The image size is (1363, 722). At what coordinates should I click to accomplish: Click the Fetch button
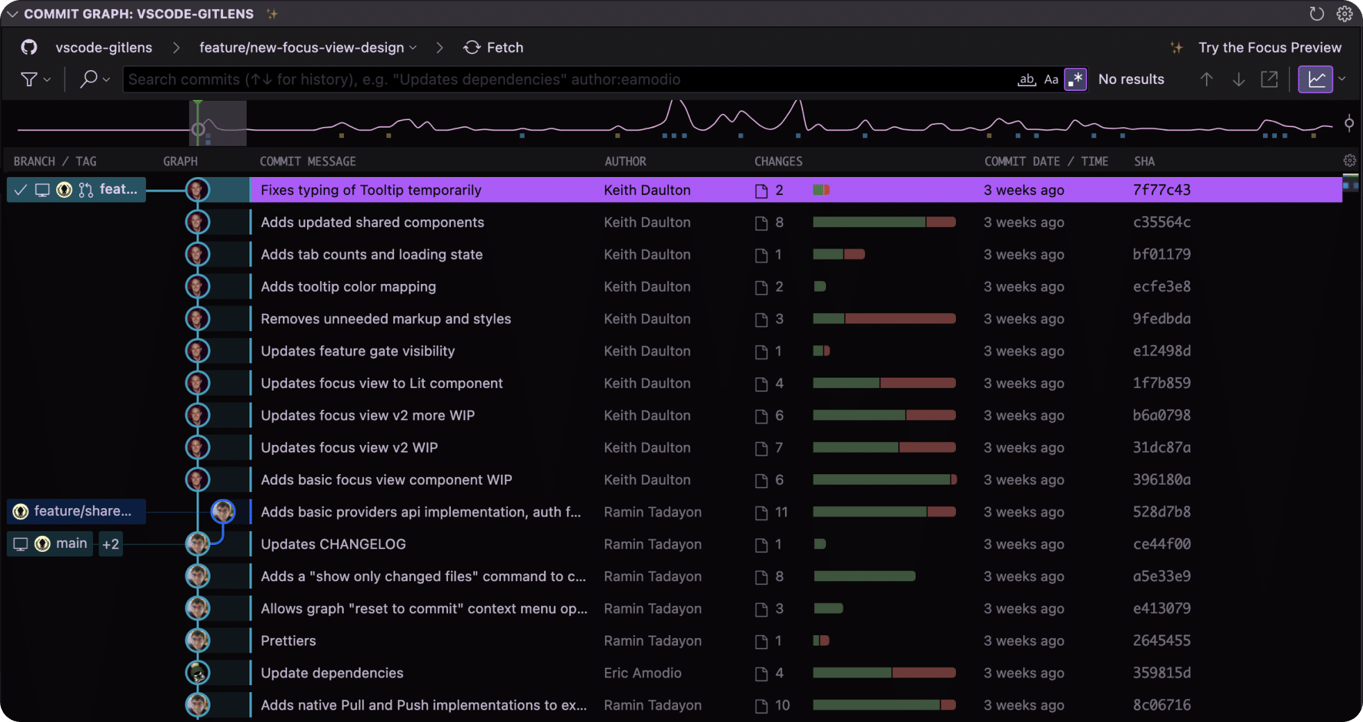[x=493, y=47]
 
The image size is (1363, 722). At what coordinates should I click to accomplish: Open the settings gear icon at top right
[x=1344, y=14]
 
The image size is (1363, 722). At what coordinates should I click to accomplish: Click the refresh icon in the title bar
[x=1316, y=14]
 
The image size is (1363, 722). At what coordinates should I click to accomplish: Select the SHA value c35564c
[x=1161, y=222]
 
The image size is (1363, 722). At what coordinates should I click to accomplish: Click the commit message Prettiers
[x=288, y=641]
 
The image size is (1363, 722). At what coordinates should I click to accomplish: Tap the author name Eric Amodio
[x=642, y=673]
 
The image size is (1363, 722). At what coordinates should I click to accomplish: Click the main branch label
[x=71, y=544]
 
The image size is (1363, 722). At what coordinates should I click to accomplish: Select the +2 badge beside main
[x=110, y=544]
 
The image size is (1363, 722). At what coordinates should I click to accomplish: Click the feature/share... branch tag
[x=81, y=512]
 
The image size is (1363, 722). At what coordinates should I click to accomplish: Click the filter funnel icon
[x=29, y=79]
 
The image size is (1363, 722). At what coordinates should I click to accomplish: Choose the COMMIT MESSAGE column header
[x=307, y=161]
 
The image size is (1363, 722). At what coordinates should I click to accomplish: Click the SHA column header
[x=1143, y=161]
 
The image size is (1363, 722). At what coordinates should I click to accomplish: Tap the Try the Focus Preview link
[x=1269, y=47]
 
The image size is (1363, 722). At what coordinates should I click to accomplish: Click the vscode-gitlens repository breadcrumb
[x=104, y=47]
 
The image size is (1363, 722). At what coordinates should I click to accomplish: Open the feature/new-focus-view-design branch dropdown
[x=308, y=47]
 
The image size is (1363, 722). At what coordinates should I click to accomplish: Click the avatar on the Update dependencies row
[x=198, y=673]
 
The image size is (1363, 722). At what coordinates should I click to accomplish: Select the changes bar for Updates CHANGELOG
[x=820, y=544]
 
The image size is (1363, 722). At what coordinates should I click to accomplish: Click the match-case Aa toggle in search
[x=1051, y=79]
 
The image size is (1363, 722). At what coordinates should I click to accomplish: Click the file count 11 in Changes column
[x=781, y=512]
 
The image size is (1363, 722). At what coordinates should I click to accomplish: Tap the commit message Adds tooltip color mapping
[x=348, y=287]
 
